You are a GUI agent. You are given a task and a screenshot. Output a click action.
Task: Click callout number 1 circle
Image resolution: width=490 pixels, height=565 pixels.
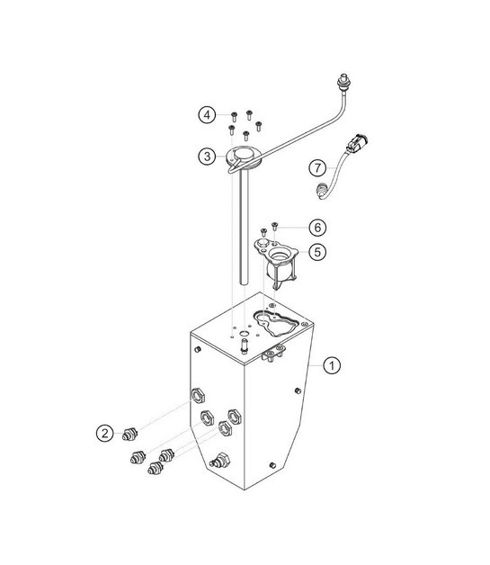332,365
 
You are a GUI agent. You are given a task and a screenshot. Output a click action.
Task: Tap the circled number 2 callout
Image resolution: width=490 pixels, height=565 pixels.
105,433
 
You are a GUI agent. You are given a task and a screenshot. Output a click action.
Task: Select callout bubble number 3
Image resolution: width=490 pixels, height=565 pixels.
207,157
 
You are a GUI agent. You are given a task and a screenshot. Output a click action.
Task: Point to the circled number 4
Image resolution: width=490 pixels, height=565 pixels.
207,115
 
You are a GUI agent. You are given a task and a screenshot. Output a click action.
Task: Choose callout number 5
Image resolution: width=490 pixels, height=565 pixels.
317,252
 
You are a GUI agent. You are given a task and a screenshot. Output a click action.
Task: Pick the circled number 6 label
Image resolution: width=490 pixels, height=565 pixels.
317,228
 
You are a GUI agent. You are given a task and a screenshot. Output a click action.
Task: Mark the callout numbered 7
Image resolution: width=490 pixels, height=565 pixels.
317,168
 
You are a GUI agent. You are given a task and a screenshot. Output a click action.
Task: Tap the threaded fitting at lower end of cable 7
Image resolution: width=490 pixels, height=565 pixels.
322,191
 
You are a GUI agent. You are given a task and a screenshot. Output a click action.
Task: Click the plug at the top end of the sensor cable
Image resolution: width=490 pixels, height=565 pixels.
343,81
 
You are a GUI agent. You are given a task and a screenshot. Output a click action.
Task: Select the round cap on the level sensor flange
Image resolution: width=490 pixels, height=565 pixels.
243,155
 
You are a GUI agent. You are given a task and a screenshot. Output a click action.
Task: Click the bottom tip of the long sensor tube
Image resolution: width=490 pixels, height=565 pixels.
244,283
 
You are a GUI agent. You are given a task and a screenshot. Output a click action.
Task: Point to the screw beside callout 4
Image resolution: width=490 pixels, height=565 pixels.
234,117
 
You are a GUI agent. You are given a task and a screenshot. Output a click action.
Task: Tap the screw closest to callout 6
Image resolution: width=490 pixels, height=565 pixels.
274,227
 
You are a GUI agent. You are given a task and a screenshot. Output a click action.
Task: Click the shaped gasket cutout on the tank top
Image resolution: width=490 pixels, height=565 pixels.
275,323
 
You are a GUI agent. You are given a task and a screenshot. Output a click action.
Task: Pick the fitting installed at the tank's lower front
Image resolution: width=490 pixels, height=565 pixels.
218,461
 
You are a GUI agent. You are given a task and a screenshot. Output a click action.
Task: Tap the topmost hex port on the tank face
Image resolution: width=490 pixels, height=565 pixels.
197,397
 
